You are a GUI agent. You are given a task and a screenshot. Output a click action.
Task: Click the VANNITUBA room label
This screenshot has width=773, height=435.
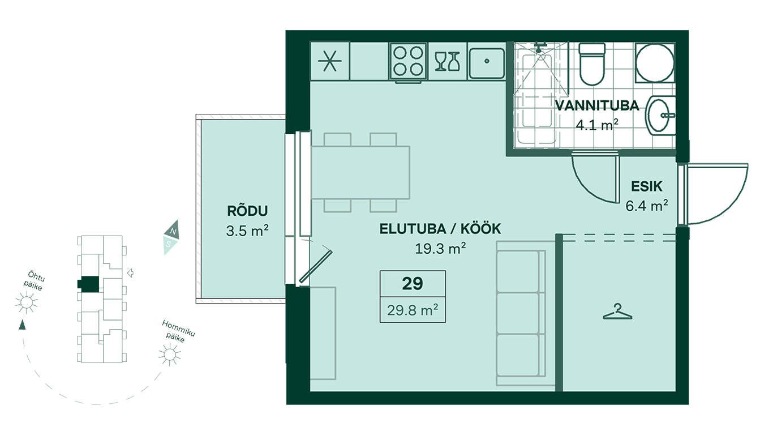pos(597,106)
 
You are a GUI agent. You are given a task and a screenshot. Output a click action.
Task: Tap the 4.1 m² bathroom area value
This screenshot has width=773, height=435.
pos(596,125)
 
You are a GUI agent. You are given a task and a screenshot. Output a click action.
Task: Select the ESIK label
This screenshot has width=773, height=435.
pos(647,186)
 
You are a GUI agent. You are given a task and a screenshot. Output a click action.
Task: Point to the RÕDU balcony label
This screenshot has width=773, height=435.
pos(247,211)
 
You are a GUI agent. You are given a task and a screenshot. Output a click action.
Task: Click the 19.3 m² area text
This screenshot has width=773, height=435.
pos(440,248)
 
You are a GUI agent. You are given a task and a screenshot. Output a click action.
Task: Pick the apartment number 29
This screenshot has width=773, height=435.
pos(413,284)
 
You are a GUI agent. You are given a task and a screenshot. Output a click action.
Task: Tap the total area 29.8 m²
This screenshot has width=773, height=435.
pos(413,310)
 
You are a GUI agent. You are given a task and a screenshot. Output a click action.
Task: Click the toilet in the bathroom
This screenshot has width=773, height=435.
pos(592,64)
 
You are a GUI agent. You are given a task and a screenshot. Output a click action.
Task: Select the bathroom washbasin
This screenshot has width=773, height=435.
pos(660,116)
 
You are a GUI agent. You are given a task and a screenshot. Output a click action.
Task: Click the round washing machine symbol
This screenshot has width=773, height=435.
pos(655,63)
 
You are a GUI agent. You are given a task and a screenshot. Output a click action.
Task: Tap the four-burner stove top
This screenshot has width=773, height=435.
pos(408,62)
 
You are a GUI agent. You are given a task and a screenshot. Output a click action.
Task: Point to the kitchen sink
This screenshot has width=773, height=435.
pos(487,62)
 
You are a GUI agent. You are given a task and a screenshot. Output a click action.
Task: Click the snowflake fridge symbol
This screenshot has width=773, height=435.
pos(330,61)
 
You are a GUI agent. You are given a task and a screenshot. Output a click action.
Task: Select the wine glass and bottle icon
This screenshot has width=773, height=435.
pos(447,62)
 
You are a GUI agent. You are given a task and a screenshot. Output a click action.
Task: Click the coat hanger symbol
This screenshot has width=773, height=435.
pos(617,312)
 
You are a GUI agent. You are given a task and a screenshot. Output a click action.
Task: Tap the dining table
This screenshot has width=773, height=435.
pos(360,172)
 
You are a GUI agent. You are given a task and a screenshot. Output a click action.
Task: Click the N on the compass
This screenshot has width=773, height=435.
pos(174,231)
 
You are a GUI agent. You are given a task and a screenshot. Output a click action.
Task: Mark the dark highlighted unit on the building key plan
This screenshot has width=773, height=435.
pos(89,284)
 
